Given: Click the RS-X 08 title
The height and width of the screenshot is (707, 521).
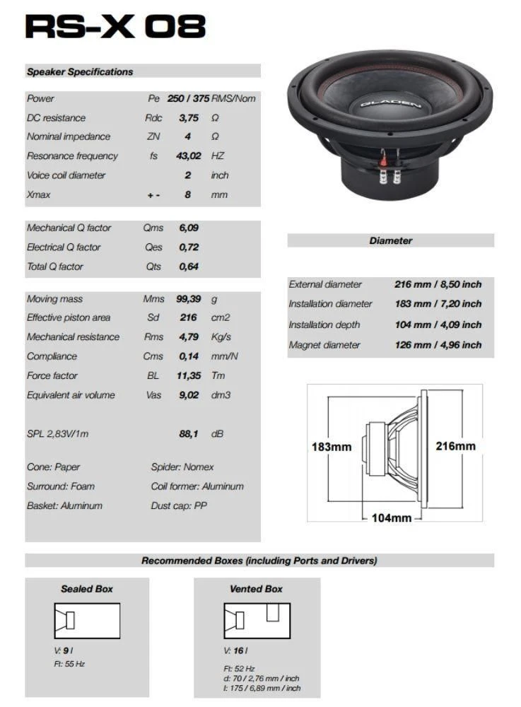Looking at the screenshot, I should pyautogui.click(x=115, y=26).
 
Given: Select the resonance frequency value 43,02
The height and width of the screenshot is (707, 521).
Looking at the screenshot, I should pyautogui.click(x=187, y=156).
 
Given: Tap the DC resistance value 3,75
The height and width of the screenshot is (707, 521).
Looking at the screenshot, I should pyautogui.click(x=188, y=118).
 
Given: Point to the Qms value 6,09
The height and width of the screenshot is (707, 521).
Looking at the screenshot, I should pyautogui.click(x=188, y=228).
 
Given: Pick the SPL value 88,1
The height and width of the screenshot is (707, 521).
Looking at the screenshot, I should pyautogui.click(x=188, y=434).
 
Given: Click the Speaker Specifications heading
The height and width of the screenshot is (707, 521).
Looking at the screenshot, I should pyautogui.click(x=80, y=71).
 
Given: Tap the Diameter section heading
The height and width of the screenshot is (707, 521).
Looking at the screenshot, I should pyautogui.click(x=390, y=241).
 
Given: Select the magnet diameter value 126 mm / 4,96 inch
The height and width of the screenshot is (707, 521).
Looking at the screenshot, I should pyautogui.click(x=438, y=346).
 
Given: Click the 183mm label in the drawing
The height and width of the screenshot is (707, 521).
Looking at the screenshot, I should pyautogui.click(x=332, y=447).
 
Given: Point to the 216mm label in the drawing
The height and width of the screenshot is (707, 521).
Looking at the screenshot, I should pyautogui.click(x=455, y=446).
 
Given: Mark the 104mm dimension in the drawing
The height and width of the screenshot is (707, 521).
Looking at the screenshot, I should pyautogui.click(x=391, y=518).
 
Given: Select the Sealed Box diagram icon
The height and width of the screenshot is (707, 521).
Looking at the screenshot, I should pyautogui.click(x=87, y=621).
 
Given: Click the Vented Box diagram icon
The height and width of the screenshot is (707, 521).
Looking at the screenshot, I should pyautogui.click(x=256, y=621).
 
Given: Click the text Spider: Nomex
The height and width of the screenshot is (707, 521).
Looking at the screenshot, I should pyautogui.click(x=182, y=467).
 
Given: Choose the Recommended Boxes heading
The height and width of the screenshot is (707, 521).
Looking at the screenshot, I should pyautogui.click(x=259, y=561).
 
